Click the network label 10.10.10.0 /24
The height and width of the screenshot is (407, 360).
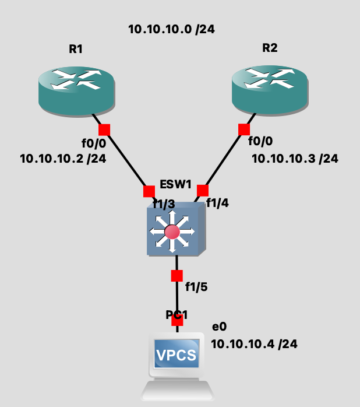[172, 29]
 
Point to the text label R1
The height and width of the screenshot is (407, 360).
[76, 50]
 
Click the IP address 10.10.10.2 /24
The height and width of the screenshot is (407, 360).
[63, 159]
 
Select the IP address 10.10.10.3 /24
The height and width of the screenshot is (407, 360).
[295, 159]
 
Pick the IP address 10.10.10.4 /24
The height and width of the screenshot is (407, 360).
[254, 345]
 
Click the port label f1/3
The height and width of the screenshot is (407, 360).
[164, 204]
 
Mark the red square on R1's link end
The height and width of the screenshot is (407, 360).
[104, 129]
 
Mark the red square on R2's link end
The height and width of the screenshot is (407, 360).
[244, 129]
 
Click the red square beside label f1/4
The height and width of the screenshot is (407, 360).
[203, 191]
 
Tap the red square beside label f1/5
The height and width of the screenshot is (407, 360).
[177, 275]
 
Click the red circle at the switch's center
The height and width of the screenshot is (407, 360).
[171, 231]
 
